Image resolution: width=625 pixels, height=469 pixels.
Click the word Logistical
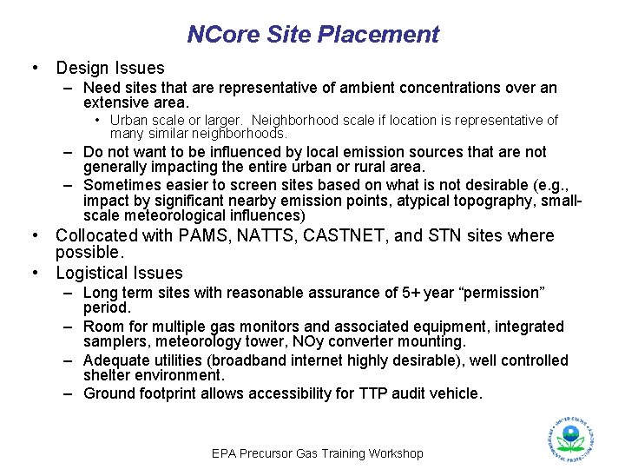(95, 273)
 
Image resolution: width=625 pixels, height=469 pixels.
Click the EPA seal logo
(570, 439)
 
